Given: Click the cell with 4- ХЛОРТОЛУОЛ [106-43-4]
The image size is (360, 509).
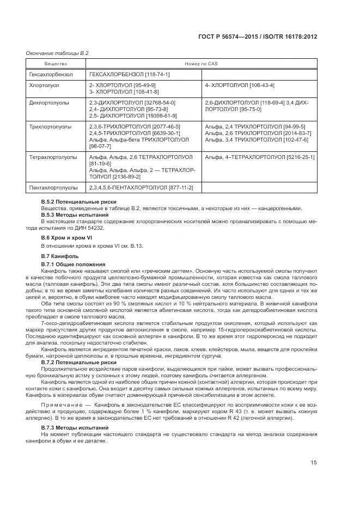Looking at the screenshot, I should (x=239, y=85).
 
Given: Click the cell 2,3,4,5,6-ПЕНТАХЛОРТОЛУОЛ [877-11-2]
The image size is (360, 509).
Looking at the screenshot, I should (x=141, y=188).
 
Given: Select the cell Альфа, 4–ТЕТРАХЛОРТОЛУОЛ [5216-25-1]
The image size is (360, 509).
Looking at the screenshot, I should (x=259, y=157).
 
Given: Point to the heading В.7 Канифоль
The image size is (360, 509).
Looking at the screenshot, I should (x=60, y=256).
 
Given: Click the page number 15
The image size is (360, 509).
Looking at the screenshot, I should (x=314, y=463).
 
